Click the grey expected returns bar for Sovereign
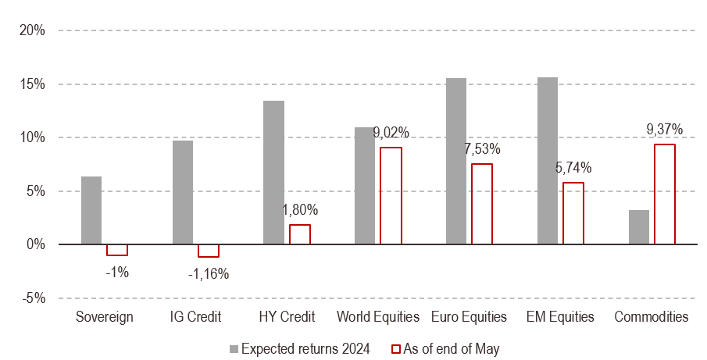coord(91,210)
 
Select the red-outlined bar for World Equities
coord(391,195)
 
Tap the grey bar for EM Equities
coord(548,161)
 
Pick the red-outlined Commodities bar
coord(665,194)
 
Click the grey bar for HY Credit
coord(273,173)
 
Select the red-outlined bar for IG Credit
coord(209,251)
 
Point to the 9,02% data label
coord(391,133)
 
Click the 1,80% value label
coord(299,210)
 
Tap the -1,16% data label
coord(209,274)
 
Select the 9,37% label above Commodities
coord(665,129)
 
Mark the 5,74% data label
coord(573,167)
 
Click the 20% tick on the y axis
coord(32,30)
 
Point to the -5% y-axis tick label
coord(32,298)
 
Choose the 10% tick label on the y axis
coord(32,137)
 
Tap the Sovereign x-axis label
coord(105,317)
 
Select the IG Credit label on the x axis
coord(195,317)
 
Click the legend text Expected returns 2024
coord(305,348)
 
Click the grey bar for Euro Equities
coord(456,161)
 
